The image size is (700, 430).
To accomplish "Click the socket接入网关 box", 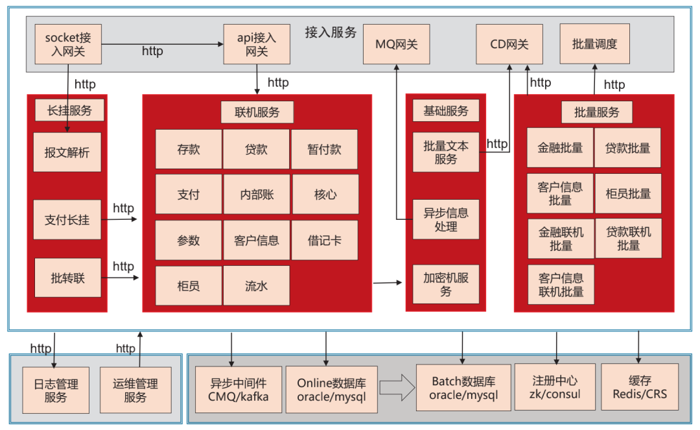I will tap(69, 44).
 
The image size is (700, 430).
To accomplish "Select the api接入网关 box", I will tap(257, 44).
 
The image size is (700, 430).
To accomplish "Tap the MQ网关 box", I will tap(397, 44).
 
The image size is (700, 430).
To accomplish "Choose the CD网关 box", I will tap(509, 44).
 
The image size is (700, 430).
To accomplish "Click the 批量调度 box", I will tap(594, 44).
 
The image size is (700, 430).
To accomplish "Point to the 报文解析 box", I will tap(67, 152).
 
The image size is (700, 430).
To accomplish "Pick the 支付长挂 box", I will tap(67, 219).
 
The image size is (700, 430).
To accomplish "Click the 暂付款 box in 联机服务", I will tap(324, 149).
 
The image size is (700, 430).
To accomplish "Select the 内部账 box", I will tap(257, 194).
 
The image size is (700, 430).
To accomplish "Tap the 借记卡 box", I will tap(324, 240).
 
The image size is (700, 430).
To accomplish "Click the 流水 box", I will tap(257, 285).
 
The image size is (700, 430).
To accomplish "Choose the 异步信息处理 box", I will tap(446, 220).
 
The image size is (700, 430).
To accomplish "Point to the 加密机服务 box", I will tap(446, 284).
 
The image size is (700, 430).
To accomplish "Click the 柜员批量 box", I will tap(628, 193).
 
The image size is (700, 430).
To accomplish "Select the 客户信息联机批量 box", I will tap(561, 285).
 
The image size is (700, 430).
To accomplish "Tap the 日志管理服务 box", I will tap(56, 390).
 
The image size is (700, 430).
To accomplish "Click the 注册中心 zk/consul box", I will tap(555, 387).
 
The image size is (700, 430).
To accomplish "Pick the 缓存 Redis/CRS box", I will tap(639, 387).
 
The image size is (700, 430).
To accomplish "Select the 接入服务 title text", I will tap(331, 32).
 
